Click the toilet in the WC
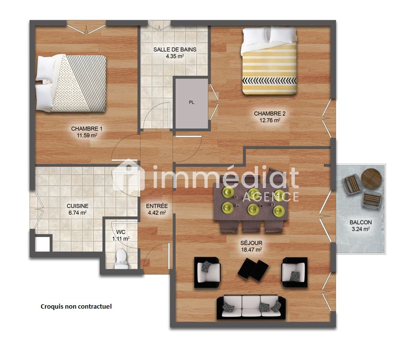[122, 259]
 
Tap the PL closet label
[192, 102]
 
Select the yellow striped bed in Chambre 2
[269, 61]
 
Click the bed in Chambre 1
[71, 83]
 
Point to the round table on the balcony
[371, 178]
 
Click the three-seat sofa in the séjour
[251, 307]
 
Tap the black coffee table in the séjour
[253, 269]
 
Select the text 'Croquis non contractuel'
[76, 306]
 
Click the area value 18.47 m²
[251, 250]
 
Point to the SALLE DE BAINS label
[175, 49]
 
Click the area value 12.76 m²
[270, 120]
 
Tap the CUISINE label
[77, 206]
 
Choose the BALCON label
[361, 222]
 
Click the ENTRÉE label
[157, 206]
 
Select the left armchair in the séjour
[207, 272]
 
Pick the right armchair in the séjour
[294, 272]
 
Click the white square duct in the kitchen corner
[42, 244]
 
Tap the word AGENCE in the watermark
[271, 197]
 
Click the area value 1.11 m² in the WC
[121, 239]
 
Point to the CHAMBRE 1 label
[87, 128]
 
